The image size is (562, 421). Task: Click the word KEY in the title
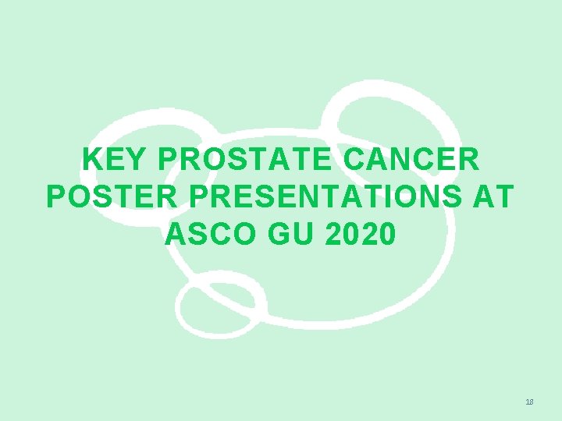[x=115, y=160]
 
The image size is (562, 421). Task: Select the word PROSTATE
[x=246, y=160]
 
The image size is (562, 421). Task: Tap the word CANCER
[x=412, y=160]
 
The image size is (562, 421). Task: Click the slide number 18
[x=530, y=402]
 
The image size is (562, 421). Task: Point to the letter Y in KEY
[x=137, y=160]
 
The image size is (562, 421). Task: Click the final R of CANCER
[x=469, y=160]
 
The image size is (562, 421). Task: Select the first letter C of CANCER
[x=356, y=160]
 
